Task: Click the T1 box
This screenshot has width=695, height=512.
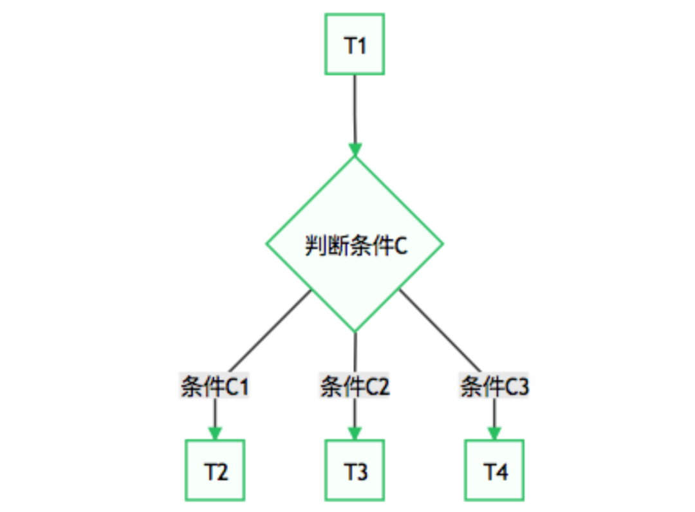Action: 355,44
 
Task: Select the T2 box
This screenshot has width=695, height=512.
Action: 215,470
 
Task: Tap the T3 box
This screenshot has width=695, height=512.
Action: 355,470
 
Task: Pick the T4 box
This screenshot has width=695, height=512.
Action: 494,470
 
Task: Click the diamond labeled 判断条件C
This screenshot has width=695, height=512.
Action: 355,244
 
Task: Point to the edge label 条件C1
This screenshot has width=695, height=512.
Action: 215,387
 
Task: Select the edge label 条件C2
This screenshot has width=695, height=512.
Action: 355,387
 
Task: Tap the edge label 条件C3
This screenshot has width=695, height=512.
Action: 494,387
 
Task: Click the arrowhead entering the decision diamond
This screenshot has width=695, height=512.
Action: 355,149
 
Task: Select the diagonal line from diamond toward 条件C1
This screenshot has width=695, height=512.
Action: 270,331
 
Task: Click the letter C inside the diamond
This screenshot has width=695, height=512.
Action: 400,246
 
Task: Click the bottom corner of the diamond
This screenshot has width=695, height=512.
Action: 355,331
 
